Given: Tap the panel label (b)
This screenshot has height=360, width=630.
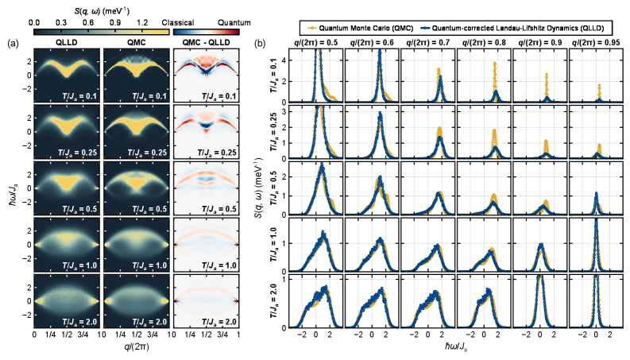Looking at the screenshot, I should coord(261,42).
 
